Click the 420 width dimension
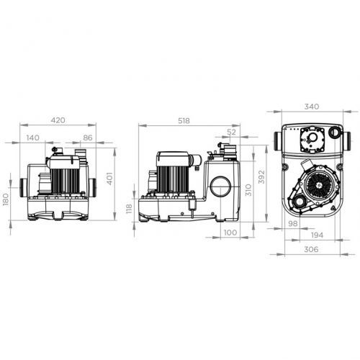point(58,121)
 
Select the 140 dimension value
point(33,137)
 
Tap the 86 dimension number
point(88,137)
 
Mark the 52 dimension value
point(231,132)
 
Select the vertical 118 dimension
point(130,208)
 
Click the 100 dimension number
point(230,233)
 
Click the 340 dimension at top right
point(312,107)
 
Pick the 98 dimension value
point(292,224)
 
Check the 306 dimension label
point(312,249)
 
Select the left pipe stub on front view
point(27,186)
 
